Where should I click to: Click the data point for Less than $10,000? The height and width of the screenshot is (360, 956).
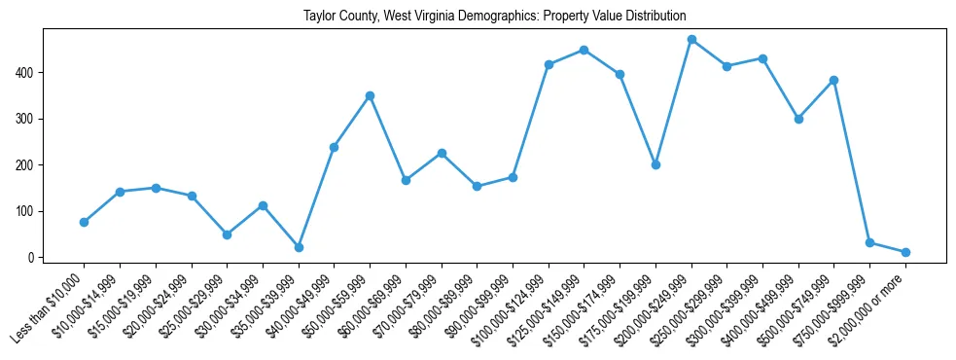84,222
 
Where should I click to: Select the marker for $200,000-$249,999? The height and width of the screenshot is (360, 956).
691,40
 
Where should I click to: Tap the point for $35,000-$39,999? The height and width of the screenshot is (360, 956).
299,247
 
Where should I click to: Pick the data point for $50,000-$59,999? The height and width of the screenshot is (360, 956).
370,95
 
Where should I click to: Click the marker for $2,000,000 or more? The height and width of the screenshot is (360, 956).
905,252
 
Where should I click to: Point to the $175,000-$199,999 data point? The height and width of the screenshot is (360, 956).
655,164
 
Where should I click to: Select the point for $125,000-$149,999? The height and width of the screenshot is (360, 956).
584,50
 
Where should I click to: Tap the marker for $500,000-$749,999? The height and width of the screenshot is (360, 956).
833,80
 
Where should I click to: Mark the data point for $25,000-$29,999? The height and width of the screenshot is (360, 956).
227,234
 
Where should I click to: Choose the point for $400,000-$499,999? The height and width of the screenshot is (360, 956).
798,119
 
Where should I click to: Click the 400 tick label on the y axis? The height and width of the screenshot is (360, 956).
26,73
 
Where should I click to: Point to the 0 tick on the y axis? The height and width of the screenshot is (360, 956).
32,258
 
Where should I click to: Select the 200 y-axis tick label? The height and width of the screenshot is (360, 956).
26,165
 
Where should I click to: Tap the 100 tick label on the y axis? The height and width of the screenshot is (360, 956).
26,211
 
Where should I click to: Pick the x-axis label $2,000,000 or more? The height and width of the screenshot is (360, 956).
868,310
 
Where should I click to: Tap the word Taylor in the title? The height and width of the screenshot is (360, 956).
320,17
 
